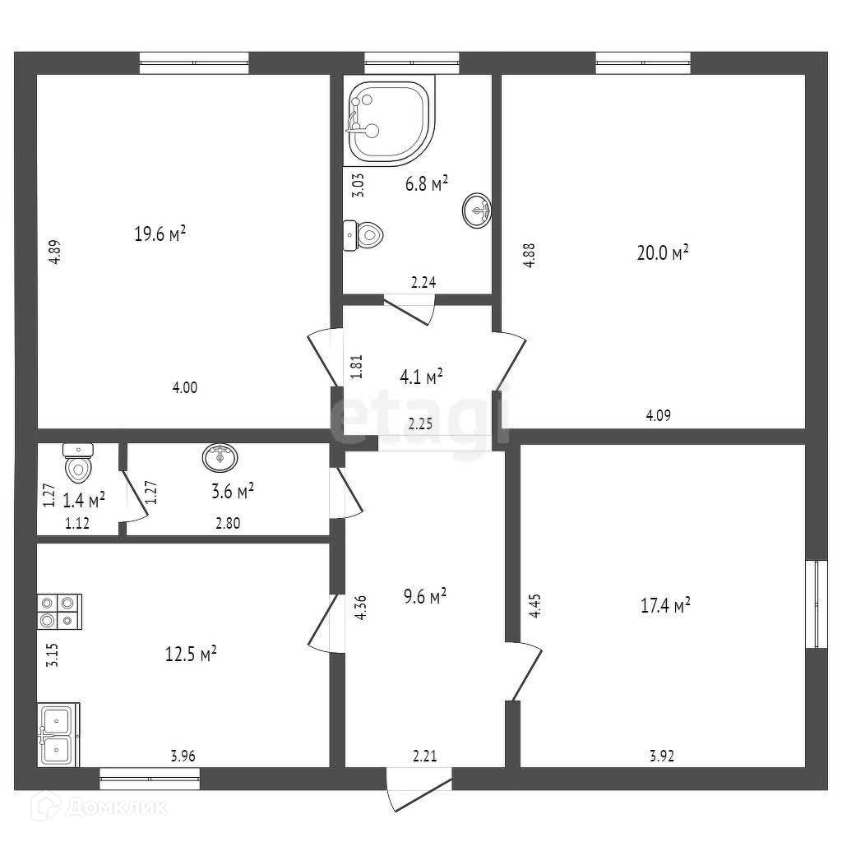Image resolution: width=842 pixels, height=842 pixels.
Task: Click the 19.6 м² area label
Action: (x=160, y=234)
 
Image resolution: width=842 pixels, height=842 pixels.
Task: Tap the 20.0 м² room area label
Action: (x=662, y=253)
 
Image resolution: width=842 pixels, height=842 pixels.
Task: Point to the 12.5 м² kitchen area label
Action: (x=191, y=655)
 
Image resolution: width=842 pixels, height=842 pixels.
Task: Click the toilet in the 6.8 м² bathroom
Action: (x=363, y=235)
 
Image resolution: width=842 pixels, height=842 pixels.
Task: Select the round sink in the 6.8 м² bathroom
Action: (x=477, y=210)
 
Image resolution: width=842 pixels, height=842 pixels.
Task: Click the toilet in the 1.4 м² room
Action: (x=78, y=465)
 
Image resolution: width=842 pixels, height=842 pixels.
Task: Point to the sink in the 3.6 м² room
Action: (x=220, y=457)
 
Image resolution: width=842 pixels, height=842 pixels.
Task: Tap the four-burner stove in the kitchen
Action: (x=58, y=612)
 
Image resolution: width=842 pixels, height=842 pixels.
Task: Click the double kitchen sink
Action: (x=57, y=734)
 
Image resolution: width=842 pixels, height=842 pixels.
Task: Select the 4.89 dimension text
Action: (x=53, y=251)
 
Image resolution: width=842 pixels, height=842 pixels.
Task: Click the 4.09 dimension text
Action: (x=658, y=415)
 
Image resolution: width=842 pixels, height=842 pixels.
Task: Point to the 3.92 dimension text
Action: (x=661, y=757)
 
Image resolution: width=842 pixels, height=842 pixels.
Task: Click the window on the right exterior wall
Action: (x=817, y=604)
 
